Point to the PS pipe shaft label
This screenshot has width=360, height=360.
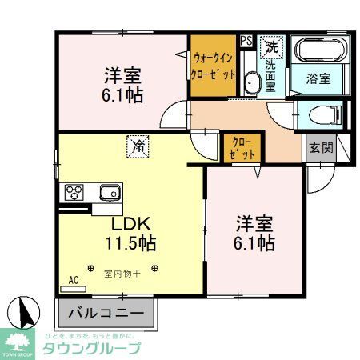[246, 39]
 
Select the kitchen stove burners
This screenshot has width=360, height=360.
[74, 192]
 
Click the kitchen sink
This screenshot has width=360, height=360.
[108, 192]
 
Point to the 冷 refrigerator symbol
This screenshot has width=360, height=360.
[138, 146]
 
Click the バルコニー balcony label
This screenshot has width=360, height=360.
[104, 313]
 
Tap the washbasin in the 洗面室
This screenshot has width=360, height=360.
[251, 82]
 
